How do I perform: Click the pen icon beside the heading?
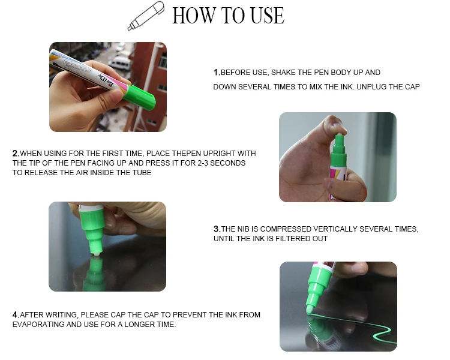pos(146,16)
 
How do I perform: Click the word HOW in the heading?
pos(193,15)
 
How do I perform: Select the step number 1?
pos(217,73)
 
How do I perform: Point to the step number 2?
pos(16,154)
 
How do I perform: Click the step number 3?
pos(217,229)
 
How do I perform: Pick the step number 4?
pos(16,315)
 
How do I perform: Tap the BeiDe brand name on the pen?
pos(106,80)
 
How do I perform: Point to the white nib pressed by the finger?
pos(339,134)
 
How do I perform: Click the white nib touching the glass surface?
pos(96,253)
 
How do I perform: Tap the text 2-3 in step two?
pos(203,163)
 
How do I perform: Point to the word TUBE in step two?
pos(142,173)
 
